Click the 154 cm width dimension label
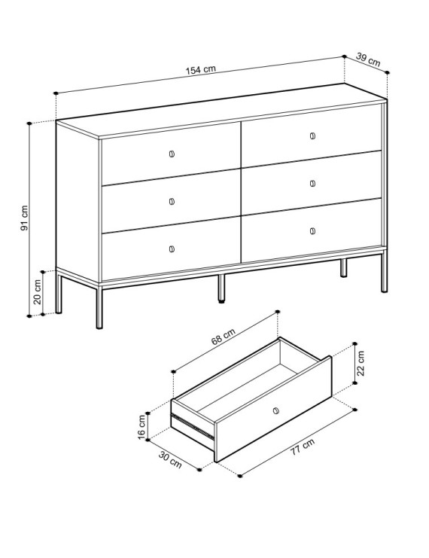coord(201,69)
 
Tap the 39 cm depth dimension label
coord(368,59)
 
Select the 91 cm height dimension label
coord(24,218)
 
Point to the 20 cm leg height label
coord(38,292)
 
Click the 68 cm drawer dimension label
coord(223,337)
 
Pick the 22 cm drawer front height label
coord(361,363)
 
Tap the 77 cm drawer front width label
coord(303,447)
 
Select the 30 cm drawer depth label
coord(170,460)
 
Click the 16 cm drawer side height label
coord(141,427)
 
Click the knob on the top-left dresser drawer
coord(172,154)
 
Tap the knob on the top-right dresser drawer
coord(312,136)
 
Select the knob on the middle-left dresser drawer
coord(172,201)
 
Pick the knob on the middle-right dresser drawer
coord(312,183)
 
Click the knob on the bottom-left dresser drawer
coord(172,249)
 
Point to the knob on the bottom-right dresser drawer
coord(312,231)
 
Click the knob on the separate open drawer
coord(275,411)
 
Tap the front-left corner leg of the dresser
coord(99,307)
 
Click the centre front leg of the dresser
coord(221,288)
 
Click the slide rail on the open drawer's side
coord(193,426)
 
